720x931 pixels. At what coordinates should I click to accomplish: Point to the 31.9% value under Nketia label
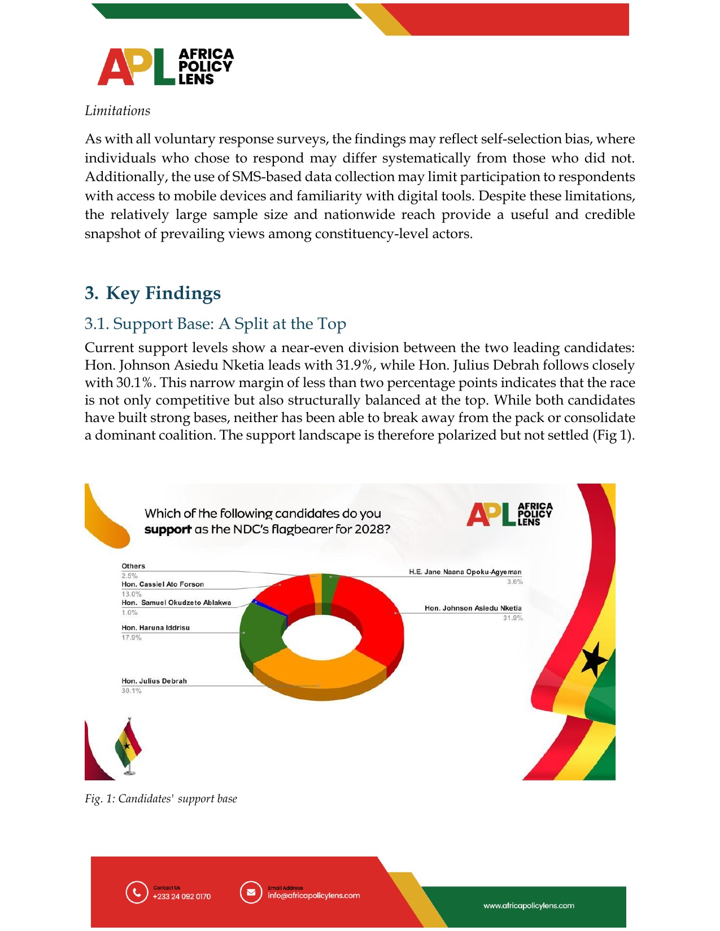513,618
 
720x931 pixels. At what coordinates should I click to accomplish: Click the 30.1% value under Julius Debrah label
132,691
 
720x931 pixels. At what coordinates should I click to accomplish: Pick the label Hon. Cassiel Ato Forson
163,585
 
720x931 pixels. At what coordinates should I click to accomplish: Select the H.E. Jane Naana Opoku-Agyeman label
465,572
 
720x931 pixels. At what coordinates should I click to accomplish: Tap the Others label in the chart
133,566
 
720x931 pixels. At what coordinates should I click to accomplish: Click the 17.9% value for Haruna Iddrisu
132,638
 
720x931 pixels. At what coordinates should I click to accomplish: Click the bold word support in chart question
168,529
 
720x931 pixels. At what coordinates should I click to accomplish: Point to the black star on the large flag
594,660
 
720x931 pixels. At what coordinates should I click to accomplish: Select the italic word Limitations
117,111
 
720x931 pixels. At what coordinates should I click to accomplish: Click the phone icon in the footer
137,893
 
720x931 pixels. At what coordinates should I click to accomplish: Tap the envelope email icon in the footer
251,893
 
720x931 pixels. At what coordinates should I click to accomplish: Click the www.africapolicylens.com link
529,906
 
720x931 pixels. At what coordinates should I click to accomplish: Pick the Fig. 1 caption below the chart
161,798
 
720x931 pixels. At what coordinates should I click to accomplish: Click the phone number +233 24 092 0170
181,897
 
